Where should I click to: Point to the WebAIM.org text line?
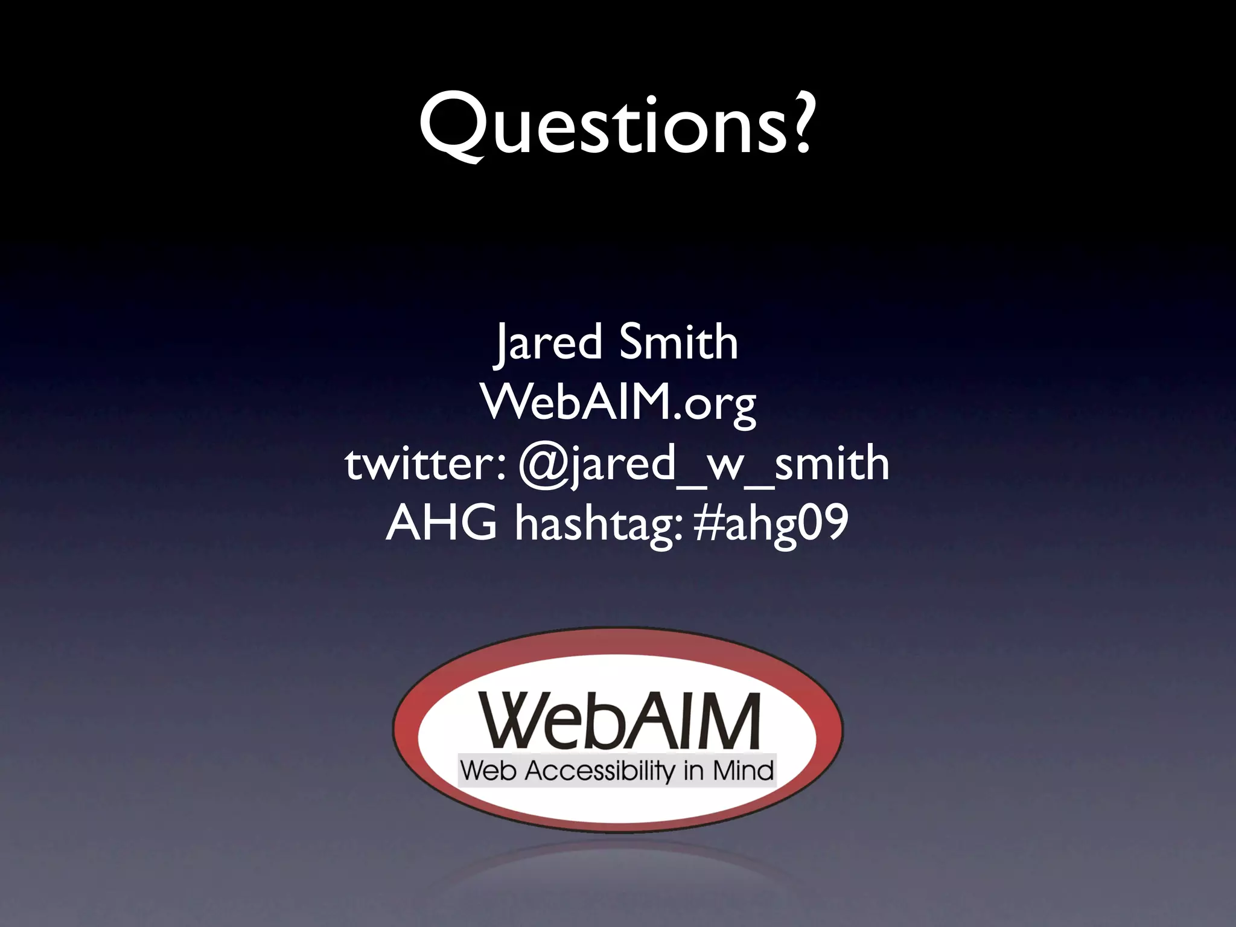(x=618, y=402)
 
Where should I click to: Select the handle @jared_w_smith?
(x=704, y=465)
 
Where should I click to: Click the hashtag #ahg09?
(x=771, y=523)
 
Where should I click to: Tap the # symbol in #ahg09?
(x=708, y=523)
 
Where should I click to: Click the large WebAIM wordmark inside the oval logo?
(x=619, y=721)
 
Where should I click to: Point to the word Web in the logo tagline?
(x=488, y=771)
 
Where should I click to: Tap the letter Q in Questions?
(x=451, y=125)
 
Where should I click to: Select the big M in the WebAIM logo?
(x=728, y=721)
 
